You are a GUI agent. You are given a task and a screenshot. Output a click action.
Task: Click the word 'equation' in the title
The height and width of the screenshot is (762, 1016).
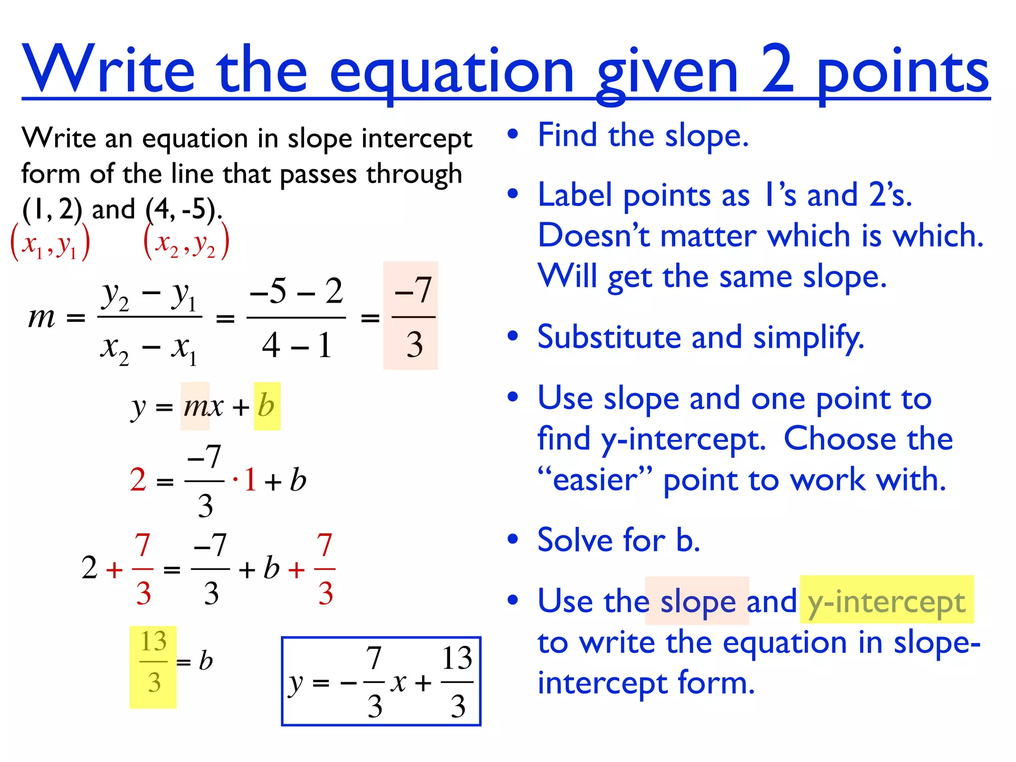point(451,72)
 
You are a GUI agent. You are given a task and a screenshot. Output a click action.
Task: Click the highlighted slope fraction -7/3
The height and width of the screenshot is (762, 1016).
point(411,316)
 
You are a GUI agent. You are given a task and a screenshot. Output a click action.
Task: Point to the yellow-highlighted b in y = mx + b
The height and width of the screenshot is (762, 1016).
point(267,406)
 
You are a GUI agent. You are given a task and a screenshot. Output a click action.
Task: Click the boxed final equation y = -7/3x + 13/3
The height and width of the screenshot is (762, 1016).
point(381,681)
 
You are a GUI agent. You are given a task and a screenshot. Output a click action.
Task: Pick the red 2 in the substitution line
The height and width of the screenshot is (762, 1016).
point(138,480)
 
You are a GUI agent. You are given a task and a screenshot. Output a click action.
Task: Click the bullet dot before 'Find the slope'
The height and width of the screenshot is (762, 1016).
point(513,134)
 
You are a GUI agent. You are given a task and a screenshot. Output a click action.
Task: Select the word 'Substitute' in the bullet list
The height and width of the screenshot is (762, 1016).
point(609,337)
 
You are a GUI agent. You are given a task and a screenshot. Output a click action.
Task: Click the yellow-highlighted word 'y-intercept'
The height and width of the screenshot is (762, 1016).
point(887,601)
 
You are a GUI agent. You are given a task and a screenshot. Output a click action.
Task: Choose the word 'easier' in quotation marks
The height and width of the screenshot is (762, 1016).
point(594,480)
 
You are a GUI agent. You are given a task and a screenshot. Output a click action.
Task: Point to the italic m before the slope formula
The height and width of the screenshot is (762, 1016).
point(42,317)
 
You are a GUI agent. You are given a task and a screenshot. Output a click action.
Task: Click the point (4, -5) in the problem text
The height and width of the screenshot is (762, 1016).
point(182,209)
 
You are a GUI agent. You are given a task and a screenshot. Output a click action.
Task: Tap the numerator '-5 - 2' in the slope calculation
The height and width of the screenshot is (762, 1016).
point(296,291)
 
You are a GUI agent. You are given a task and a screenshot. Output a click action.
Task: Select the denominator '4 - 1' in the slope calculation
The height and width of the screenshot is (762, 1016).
point(296,345)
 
